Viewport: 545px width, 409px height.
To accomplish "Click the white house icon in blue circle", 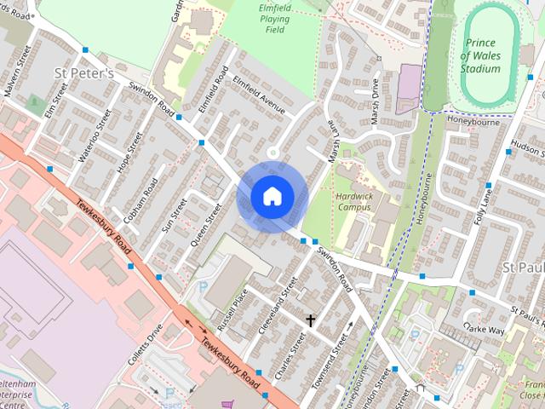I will (x=271, y=196).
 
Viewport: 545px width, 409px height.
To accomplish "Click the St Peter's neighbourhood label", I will (x=83, y=73).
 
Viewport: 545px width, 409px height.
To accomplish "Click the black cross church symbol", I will (x=311, y=320).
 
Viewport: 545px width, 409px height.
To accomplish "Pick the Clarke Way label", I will (x=484, y=329).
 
